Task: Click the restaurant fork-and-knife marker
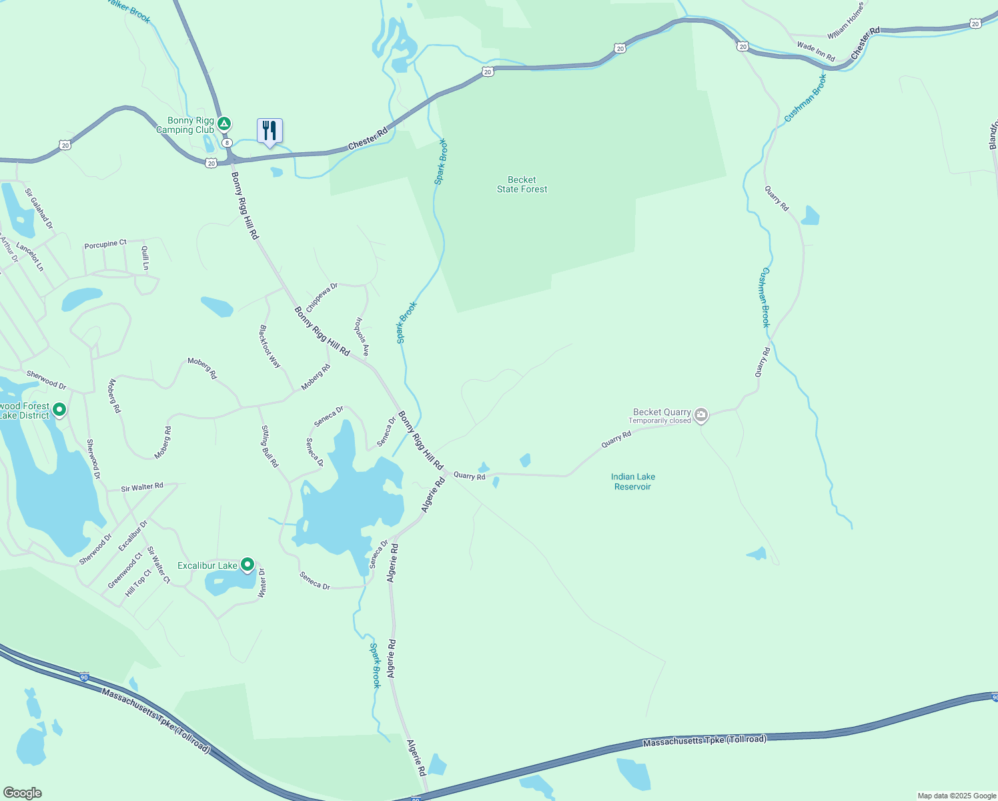(270, 131)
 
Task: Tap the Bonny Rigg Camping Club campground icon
(225, 123)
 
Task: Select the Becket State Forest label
(522, 184)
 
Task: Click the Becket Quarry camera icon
(700, 415)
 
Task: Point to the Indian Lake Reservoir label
(632, 481)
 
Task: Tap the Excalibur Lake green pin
(247, 565)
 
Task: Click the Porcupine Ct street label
(105, 244)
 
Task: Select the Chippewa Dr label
(322, 297)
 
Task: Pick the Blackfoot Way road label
(270, 346)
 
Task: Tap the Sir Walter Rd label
(142, 487)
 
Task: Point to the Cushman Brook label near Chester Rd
(805, 98)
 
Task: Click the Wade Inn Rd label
(816, 51)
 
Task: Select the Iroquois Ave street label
(361, 336)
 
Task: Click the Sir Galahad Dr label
(39, 209)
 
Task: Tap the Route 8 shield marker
(227, 143)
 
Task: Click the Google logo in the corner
(23, 793)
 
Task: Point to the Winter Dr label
(262, 581)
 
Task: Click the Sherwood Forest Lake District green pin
(59, 409)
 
